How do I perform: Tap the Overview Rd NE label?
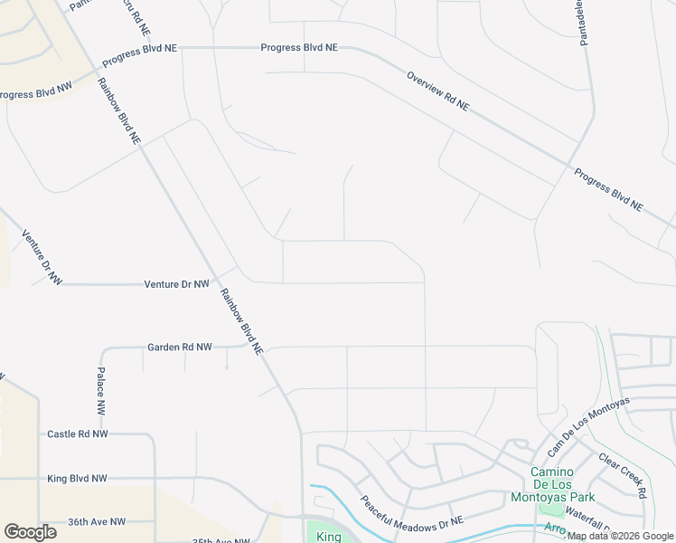click(x=438, y=90)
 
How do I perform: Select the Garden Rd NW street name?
click(x=180, y=347)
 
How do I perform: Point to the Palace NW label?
click(x=102, y=387)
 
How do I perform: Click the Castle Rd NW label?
click(x=77, y=434)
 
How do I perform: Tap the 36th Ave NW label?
click(x=97, y=522)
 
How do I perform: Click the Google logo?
click(x=30, y=532)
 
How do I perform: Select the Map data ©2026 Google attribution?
click(x=621, y=536)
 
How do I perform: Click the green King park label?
click(x=329, y=537)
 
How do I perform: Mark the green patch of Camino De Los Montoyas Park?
click(x=550, y=510)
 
